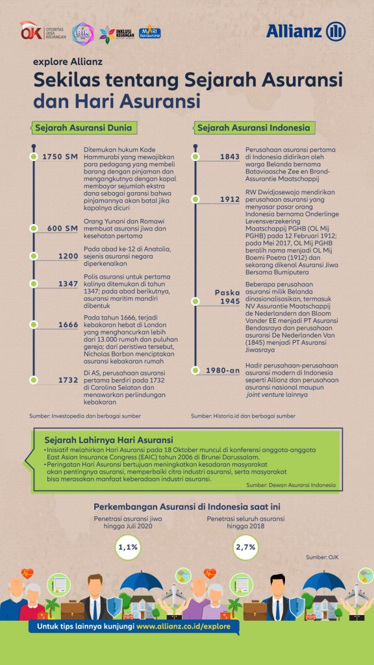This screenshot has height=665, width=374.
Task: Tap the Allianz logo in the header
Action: tap(306, 31)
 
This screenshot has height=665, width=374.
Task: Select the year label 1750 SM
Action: tap(60, 157)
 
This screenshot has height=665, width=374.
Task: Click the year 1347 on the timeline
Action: tap(68, 284)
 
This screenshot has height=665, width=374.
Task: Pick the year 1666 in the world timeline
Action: tap(68, 325)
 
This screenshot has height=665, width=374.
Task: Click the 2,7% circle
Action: tap(245, 548)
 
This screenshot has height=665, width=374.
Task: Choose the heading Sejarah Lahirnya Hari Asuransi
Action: tap(104, 440)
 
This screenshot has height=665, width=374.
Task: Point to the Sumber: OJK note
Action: tap(322, 557)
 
